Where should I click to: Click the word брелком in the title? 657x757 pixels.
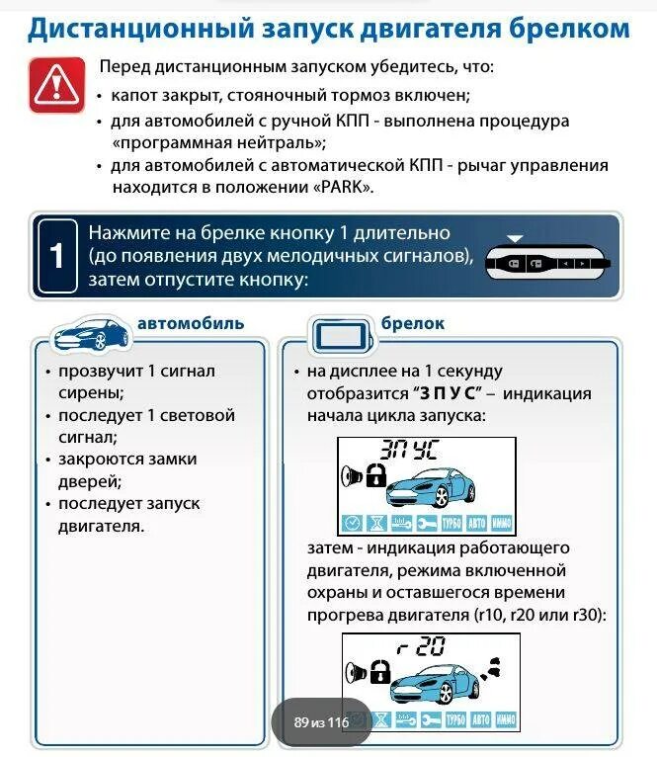[567, 28]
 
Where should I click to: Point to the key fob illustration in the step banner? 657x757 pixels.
[549, 262]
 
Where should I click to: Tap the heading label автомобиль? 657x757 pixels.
[191, 324]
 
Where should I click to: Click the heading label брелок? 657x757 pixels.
[413, 324]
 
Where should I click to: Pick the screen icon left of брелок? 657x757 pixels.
[341, 337]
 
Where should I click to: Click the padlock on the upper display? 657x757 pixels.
[376, 476]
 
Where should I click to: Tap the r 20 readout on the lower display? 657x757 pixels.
[420, 648]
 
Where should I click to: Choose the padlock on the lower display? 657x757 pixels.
[379, 672]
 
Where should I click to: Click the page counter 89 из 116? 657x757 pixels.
[321, 722]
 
